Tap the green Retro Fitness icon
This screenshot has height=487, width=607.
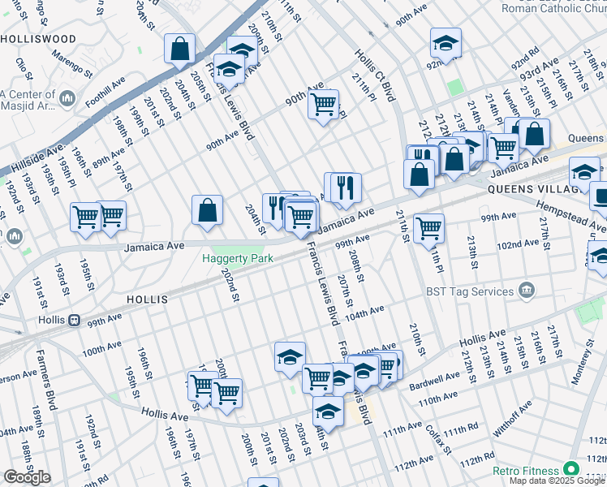pos(571,470)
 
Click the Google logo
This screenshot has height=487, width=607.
pos(27,477)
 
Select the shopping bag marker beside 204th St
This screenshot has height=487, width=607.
pos(208,209)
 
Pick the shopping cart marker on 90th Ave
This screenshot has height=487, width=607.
pos(323,104)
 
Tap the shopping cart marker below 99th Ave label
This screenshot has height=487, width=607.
pos(428,227)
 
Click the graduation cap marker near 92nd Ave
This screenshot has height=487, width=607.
pos(444,42)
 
